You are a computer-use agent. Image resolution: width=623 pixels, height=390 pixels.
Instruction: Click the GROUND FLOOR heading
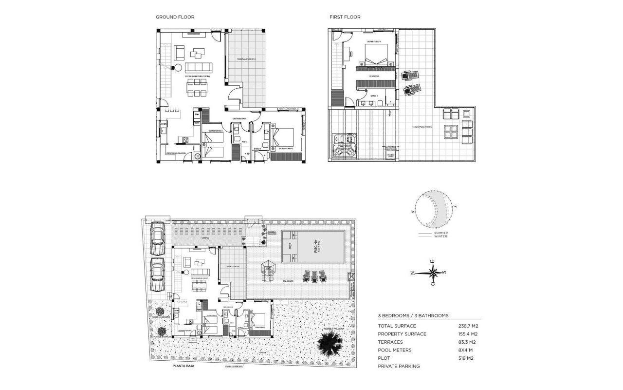point(175,17)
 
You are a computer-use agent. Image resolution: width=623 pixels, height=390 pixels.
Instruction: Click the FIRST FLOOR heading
point(345,17)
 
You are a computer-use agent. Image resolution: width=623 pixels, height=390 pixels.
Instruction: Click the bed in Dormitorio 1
point(376,55)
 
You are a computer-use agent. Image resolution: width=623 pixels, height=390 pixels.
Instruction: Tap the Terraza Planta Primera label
point(422,127)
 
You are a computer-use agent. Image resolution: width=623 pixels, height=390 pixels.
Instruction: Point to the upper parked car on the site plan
point(157,238)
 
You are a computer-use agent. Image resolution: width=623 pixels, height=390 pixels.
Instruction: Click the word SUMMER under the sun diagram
point(440,233)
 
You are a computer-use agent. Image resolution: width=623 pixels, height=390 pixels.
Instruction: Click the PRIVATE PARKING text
point(399,366)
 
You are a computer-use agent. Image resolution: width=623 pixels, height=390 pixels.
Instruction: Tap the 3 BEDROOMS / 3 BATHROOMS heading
point(413,316)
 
